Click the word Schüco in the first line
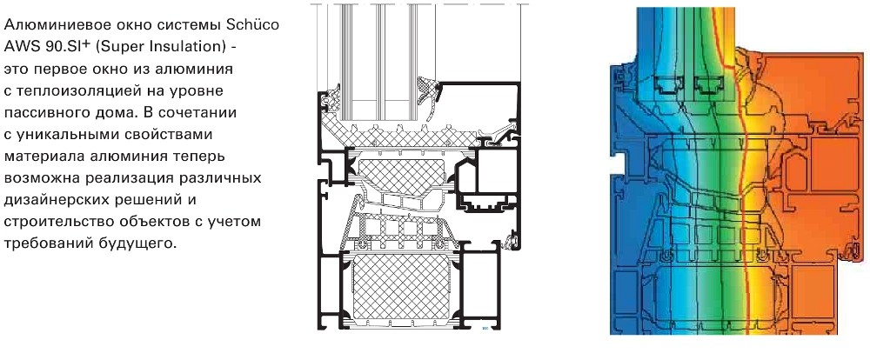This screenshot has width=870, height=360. (x=253, y=25)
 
